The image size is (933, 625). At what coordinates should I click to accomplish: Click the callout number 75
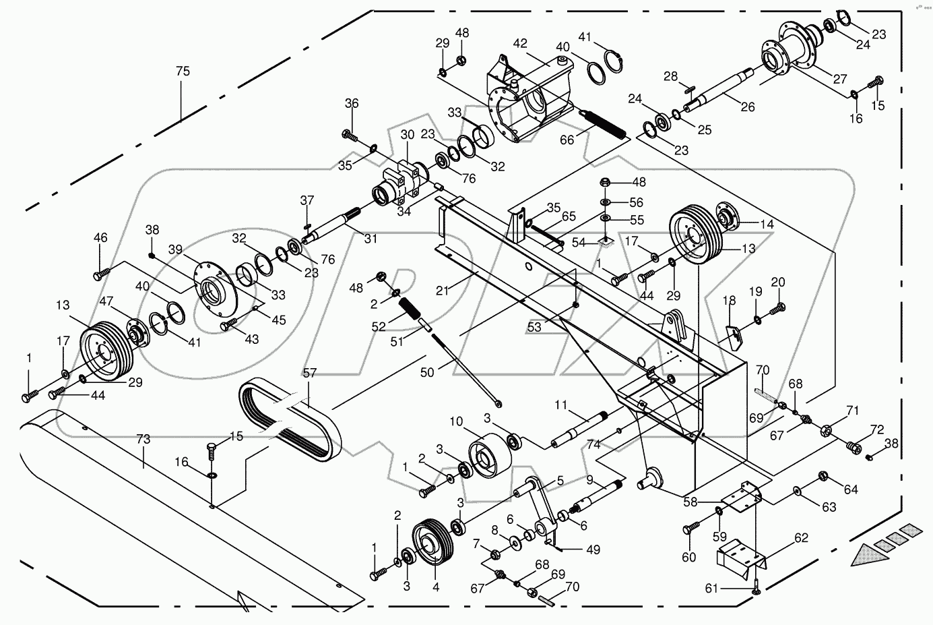click(x=183, y=71)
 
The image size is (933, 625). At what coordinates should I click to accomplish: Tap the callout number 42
click(x=520, y=42)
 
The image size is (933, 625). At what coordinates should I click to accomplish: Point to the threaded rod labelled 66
click(x=604, y=125)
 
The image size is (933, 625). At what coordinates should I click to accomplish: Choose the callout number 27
click(x=839, y=79)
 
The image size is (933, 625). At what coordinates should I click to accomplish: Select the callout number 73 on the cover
click(x=143, y=440)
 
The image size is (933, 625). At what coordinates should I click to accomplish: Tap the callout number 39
click(x=176, y=249)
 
